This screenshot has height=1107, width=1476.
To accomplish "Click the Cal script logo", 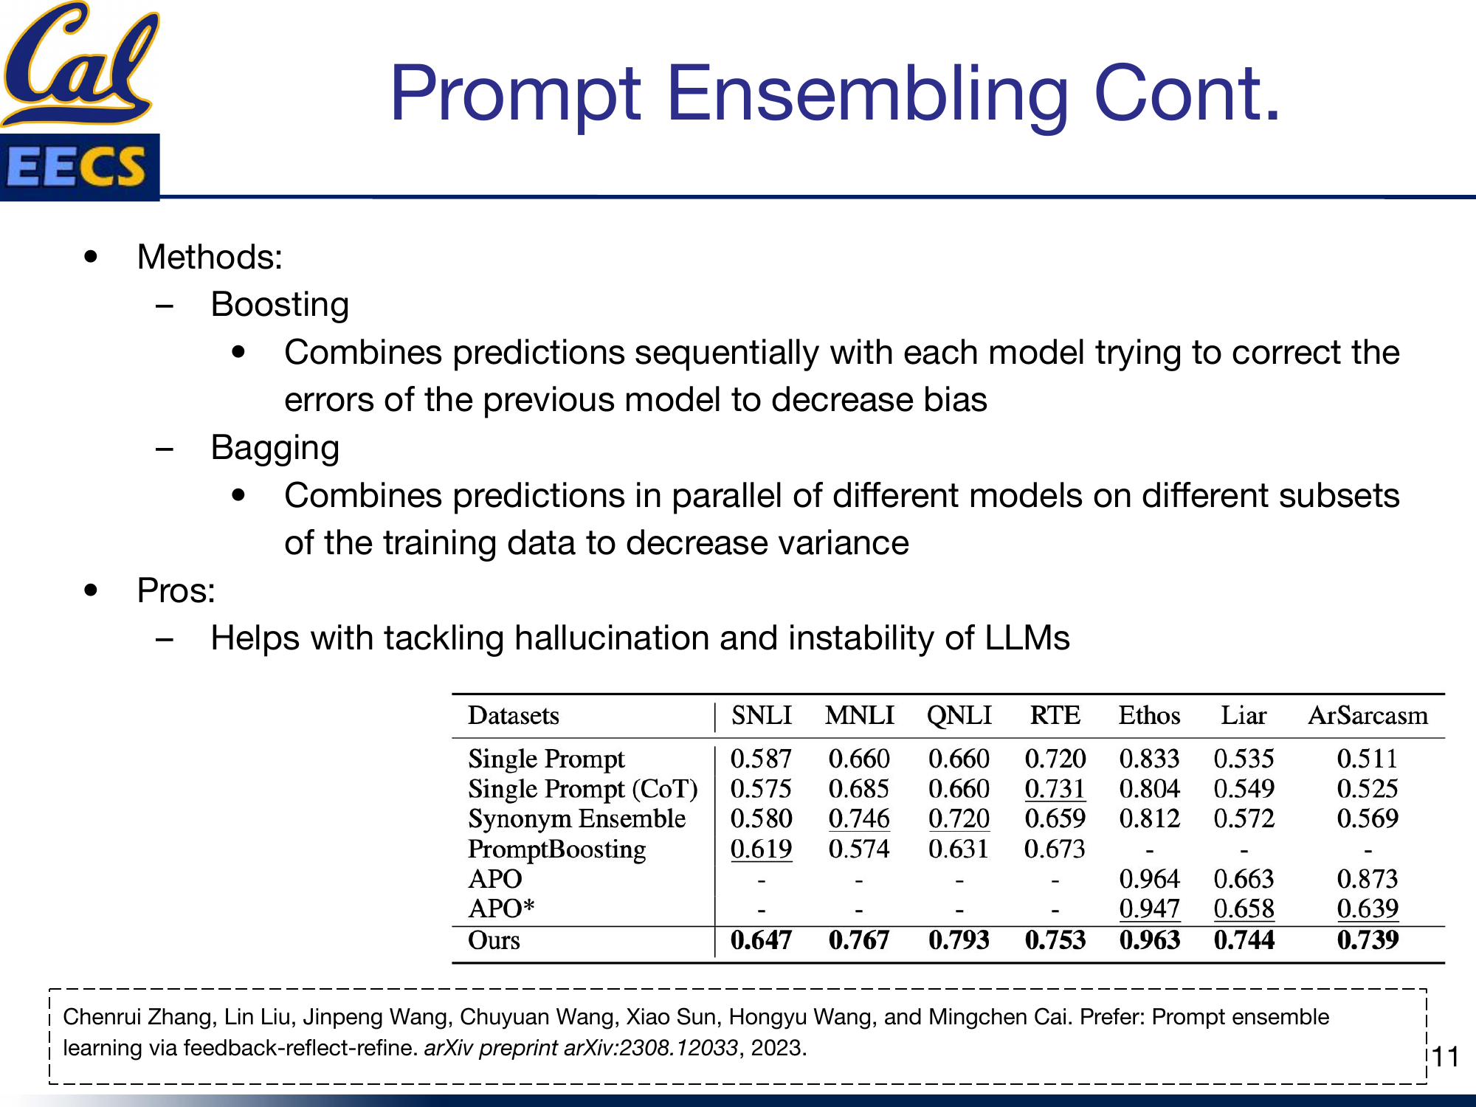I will click(80, 63).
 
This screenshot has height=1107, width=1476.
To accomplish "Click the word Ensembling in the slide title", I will click(868, 94).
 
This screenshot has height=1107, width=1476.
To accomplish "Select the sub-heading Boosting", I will click(280, 305).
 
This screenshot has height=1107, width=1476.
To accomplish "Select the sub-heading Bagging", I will click(275, 448).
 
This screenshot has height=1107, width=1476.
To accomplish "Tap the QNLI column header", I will click(959, 715).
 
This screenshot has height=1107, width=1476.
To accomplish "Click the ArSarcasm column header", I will click(1368, 715).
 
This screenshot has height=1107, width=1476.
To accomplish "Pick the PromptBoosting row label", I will click(556, 849).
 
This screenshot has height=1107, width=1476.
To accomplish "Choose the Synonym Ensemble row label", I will click(576, 818).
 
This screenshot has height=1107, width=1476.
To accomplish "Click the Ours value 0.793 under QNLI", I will click(959, 940).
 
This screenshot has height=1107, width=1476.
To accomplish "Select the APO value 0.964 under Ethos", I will click(1149, 879).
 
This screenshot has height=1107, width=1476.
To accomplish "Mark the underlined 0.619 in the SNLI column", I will click(761, 849).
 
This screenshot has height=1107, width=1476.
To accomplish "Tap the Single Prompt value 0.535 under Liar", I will click(1244, 759).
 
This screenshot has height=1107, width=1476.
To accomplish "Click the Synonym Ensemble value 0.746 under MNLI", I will click(859, 818).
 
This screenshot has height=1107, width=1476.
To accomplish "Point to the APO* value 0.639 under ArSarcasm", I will click(1368, 908).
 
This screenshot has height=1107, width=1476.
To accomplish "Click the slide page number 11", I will click(1446, 1057).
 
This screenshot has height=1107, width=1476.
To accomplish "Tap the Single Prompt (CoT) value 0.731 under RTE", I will click(1055, 789).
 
